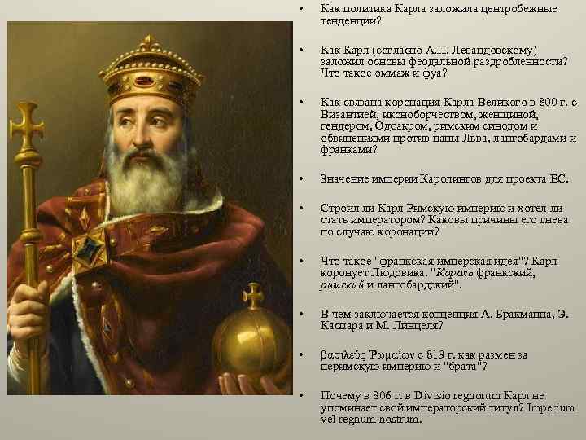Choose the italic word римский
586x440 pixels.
click(340, 285)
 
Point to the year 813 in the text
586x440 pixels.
click(440, 355)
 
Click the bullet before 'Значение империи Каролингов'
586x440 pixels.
click(301, 178)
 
